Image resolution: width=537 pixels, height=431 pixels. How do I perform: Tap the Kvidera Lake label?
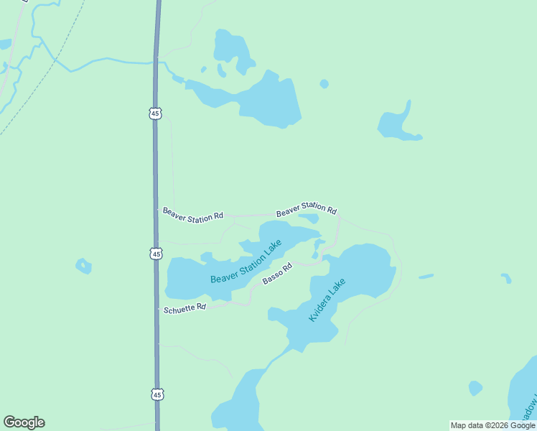pyautogui.click(x=327, y=300)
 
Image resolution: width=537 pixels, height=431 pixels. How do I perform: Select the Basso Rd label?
pyautogui.click(x=277, y=274)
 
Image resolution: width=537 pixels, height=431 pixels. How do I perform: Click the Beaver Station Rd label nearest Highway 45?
pyautogui.click(x=192, y=215)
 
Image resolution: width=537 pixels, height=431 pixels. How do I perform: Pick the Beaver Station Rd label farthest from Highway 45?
pyautogui.click(x=307, y=210)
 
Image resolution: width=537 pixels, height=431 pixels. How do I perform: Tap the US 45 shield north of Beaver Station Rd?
pyautogui.click(x=156, y=113)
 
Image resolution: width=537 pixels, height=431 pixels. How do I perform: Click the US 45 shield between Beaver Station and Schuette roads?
pyautogui.click(x=157, y=254)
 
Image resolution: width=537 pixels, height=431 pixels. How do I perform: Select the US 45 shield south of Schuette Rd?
pyautogui.click(x=157, y=394)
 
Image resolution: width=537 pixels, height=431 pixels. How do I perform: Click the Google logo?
pyautogui.click(x=24, y=422)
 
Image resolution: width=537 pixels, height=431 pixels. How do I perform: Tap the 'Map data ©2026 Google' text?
pyautogui.click(x=492, y=425)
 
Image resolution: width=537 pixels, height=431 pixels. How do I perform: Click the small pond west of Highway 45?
pyautogui.click(x=84, y=266)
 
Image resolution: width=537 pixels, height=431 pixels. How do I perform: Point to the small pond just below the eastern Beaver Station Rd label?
pyautogui.click(x=309, y=218)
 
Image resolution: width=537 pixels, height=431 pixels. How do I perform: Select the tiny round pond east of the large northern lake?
pyautogui.click(x=324, y=84)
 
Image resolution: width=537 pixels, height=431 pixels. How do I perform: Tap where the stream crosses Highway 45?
pyautogui.click(x=156, y=62)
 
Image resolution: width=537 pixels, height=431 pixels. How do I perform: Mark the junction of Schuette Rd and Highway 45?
pyautogui.click(x=157, y=309)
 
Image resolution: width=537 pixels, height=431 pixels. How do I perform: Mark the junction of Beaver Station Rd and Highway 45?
pyautogui.click(x=157, y=210)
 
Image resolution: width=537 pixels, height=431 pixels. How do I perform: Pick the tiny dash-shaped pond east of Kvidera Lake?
pyautogui.click(x=426, y=276)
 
